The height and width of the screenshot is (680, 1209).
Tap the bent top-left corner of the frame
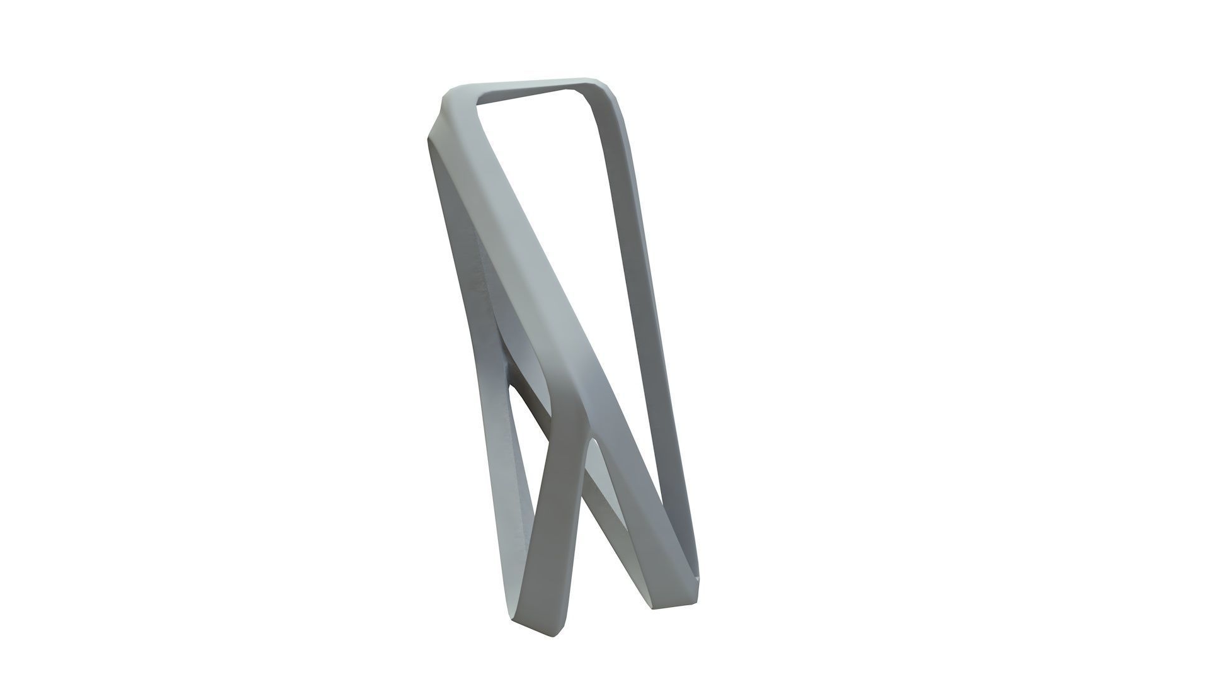click(444, 104)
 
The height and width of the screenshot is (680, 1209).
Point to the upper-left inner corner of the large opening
click(480, 107)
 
